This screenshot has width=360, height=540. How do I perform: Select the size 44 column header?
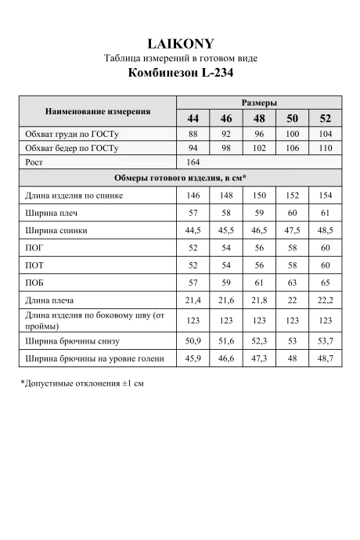[193, 118]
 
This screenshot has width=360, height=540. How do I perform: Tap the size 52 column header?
[326, 118]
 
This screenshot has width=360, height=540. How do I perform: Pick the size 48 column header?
[259, 118]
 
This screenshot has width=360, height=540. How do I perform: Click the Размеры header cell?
[259, 103]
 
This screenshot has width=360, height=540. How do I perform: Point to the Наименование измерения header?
[98, 111]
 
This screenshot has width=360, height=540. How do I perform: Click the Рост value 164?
[193, 162]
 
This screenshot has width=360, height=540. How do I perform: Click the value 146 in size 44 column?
[193, 196]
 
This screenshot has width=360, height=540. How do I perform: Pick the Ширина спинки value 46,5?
[259, 230]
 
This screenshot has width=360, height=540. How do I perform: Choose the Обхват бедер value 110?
[326, 147]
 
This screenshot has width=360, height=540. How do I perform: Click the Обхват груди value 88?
[193, 133]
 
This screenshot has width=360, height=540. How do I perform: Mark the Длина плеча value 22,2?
[326, 300]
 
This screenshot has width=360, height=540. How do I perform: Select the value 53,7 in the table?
[326, 341]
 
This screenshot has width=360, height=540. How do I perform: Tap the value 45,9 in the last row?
[193, 358]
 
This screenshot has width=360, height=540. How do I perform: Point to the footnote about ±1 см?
[82, 384]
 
